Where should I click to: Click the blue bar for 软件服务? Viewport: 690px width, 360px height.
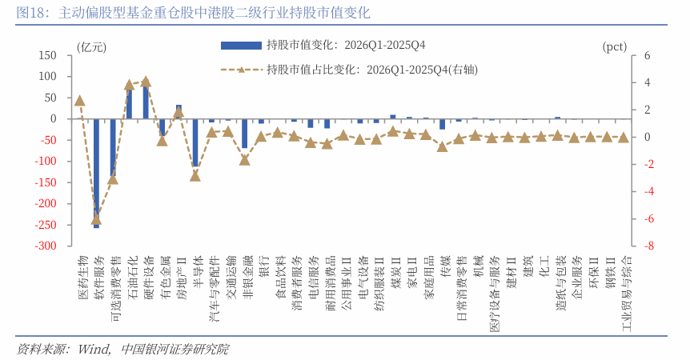pos(96,172)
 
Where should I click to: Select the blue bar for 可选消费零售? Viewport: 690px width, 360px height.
pos(113,148)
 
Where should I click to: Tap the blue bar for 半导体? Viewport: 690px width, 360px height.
pos(195,142)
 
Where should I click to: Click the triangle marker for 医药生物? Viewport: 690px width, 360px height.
pos(79,101)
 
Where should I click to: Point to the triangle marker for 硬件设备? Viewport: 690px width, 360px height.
pos(146,82)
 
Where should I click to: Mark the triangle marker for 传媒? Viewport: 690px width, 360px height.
pos(443,146)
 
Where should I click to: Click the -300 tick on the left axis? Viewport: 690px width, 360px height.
pos(45,246)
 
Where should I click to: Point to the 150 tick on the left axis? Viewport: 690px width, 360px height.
pos(47,56)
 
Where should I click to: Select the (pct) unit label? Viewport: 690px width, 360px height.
pos(614,46)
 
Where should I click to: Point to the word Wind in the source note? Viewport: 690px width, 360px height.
pos(94,349)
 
